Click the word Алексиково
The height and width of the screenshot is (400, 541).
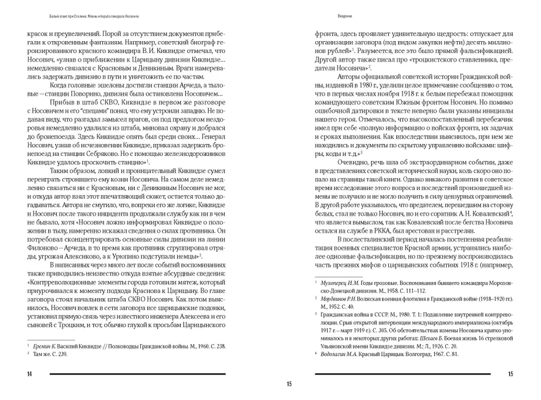[82, 255]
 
